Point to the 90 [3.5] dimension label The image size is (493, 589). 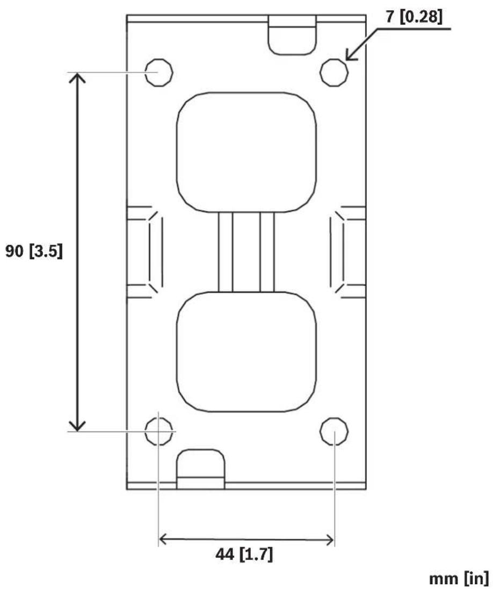coord(34,250)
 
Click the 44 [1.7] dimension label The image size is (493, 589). coord(244,554)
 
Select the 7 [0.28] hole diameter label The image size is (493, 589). coord(414,17)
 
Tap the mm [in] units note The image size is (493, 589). coord(459,578)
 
